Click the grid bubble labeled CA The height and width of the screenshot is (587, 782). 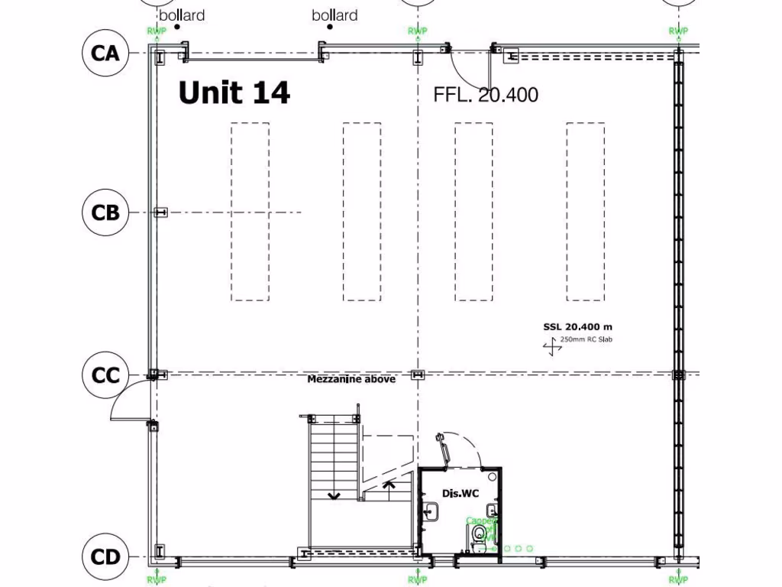(x=105, y=54)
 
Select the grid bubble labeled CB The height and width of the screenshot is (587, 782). (x=105, y=212)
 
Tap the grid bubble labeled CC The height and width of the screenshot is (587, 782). (x=105, y=375)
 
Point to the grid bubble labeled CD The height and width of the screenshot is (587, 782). (x=105, y=556)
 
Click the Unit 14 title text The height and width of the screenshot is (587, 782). (x=234, y=93)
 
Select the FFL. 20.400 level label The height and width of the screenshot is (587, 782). (x=486, y=95)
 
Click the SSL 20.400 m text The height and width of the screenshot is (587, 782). (x=573, y=327)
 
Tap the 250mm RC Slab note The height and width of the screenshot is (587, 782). (x=586, y=339)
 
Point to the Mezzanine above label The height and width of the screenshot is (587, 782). (x=351, y=379)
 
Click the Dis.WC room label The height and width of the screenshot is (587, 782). (x=460, y=494)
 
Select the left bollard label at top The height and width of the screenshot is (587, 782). (x=182, y=15)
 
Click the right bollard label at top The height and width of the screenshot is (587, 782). (x=334, y=15)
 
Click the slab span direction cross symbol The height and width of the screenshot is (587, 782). (x=551, y=349)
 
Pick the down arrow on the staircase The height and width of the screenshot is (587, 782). (x=334, y=495)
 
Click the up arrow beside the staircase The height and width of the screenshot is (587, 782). (x=388, y=485)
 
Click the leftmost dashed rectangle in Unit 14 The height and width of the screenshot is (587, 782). (x=250, y=212)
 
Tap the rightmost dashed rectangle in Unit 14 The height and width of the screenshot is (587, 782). (x=586, y=212)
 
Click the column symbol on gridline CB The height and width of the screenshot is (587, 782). (x=160, y=212)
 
